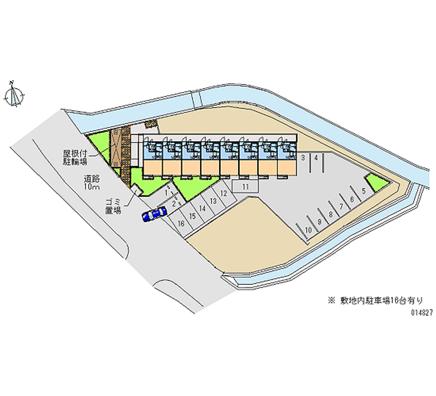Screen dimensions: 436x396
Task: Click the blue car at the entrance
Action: coord(154,214)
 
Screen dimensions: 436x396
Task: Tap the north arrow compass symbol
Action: coord(14,95)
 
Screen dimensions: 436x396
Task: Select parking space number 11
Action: coord(246,186)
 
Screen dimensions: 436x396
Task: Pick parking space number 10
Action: coord(308,230)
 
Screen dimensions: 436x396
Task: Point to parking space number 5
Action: coord(363,191)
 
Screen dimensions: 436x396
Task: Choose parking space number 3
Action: coord(303,158)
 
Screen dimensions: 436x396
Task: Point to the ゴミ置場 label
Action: coord(113,206)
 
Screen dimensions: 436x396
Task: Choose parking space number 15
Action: coord(192,216)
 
